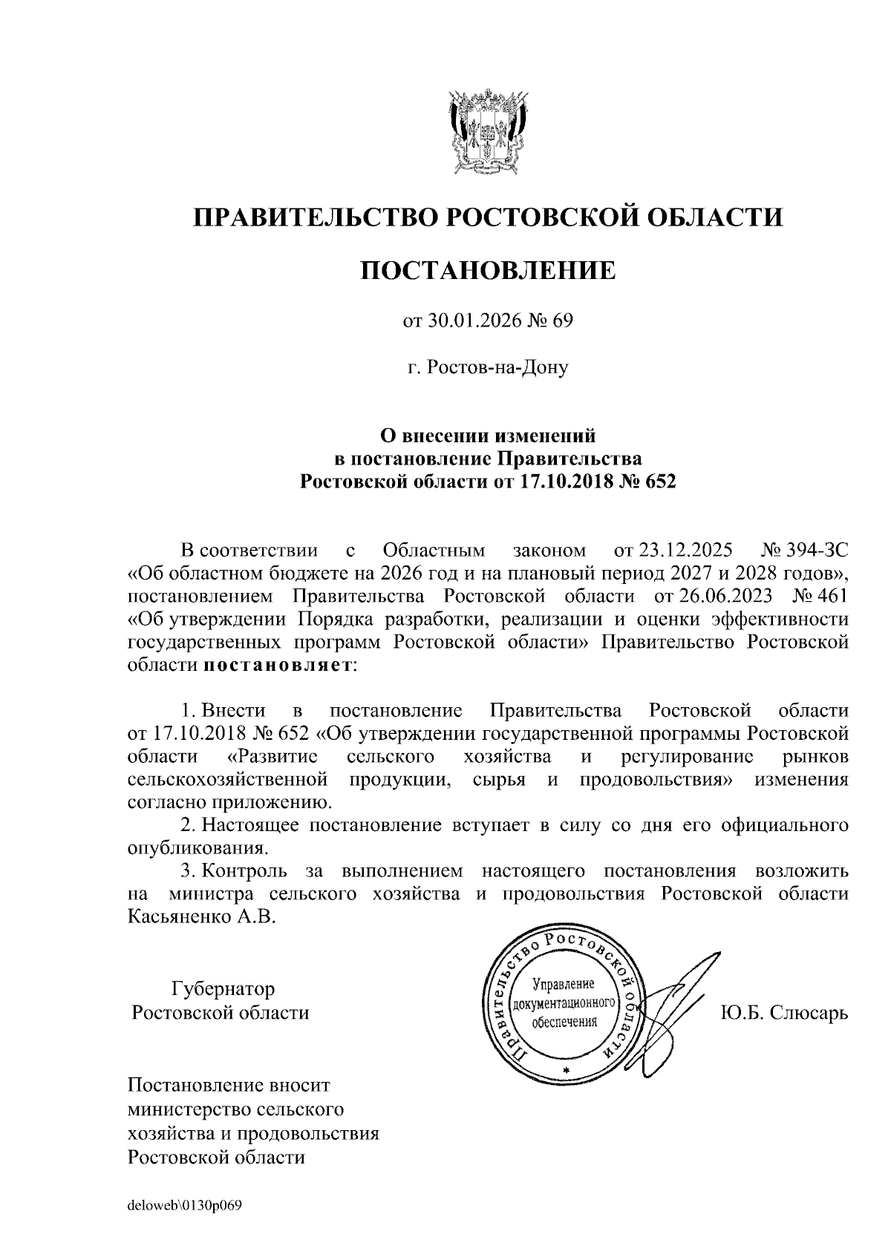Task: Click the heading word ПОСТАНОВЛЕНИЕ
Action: point(488,270)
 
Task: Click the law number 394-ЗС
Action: point(817,551)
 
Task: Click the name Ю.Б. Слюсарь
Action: point(784,1012)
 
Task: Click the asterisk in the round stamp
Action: point(565,1070)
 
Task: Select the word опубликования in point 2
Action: point(197,847)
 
